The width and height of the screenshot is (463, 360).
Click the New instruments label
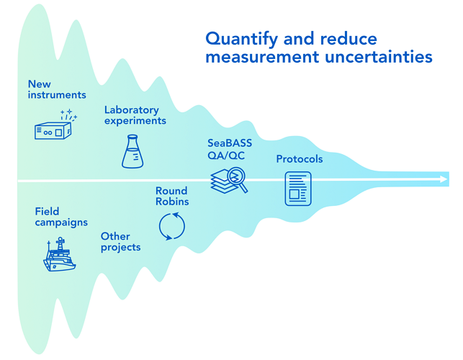[57, 89]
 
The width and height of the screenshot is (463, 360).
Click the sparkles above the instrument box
[69, 114]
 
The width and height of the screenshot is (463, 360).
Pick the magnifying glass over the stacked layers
[238, 181]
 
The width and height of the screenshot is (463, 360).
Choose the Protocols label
[300, 159]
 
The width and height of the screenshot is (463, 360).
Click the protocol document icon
[297, 189]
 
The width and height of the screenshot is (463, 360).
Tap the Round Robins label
[171, 196]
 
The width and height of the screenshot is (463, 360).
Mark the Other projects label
[120, 241]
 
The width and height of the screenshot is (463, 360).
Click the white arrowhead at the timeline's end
[441, 179]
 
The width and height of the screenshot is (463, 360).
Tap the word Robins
[171, 202]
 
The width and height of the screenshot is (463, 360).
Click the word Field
[47, 212]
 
